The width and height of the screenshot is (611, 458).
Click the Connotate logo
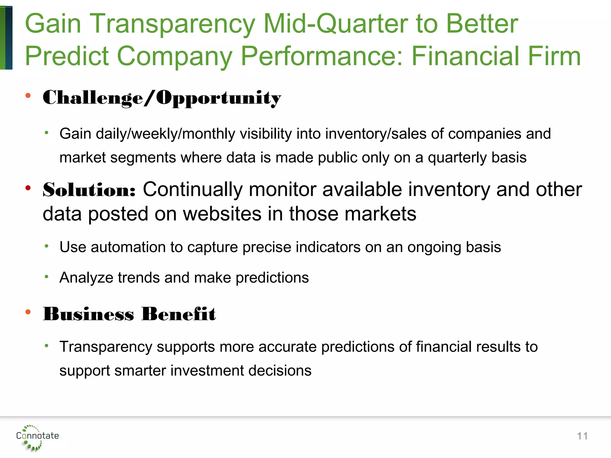[37, 437]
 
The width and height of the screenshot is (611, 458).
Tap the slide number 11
[582, 436]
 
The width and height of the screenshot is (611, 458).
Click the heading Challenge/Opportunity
[162, 98]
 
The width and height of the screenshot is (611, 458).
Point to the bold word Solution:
[89, 190]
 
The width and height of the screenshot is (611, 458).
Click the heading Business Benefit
[129, 314]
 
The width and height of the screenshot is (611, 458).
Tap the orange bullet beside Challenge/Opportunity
[28, 96]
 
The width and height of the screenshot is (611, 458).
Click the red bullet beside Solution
[28, 188]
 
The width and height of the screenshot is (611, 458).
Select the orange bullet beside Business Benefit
[28, 312]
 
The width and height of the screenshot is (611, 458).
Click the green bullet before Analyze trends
[47, 277]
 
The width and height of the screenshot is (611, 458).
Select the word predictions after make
[272, 278]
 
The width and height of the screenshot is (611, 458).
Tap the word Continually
[193, 190]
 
